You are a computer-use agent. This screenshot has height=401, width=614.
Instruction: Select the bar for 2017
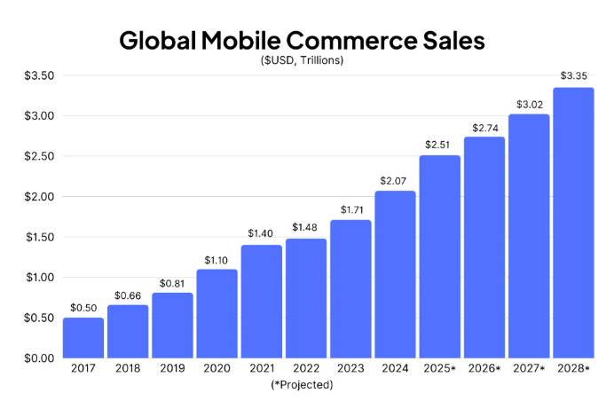[x=83, y=337]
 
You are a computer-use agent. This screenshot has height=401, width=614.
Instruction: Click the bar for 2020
[x=216, y=313]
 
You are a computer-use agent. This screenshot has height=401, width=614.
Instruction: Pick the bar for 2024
[x=395, y=274]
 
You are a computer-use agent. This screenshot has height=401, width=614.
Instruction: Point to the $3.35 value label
[x=573, y=75]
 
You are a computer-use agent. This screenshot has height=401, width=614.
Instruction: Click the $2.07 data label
[x=395, y=180]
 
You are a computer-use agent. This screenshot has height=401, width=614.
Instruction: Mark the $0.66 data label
[x=127, y=294]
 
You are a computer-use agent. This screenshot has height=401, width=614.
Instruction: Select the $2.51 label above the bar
[x=439, y=144]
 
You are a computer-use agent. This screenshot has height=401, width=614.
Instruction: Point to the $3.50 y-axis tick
[x=40, y=75]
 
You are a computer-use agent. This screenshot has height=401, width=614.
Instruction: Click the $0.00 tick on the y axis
[x=40, y=358]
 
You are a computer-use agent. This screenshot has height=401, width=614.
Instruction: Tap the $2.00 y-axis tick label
[x=40, y=197]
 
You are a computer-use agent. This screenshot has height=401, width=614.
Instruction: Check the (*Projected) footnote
[x=303, y=385]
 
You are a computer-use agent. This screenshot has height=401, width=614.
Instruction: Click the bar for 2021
[x=261, y=301]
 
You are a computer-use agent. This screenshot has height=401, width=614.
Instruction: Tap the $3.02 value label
[x=529, y=103]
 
